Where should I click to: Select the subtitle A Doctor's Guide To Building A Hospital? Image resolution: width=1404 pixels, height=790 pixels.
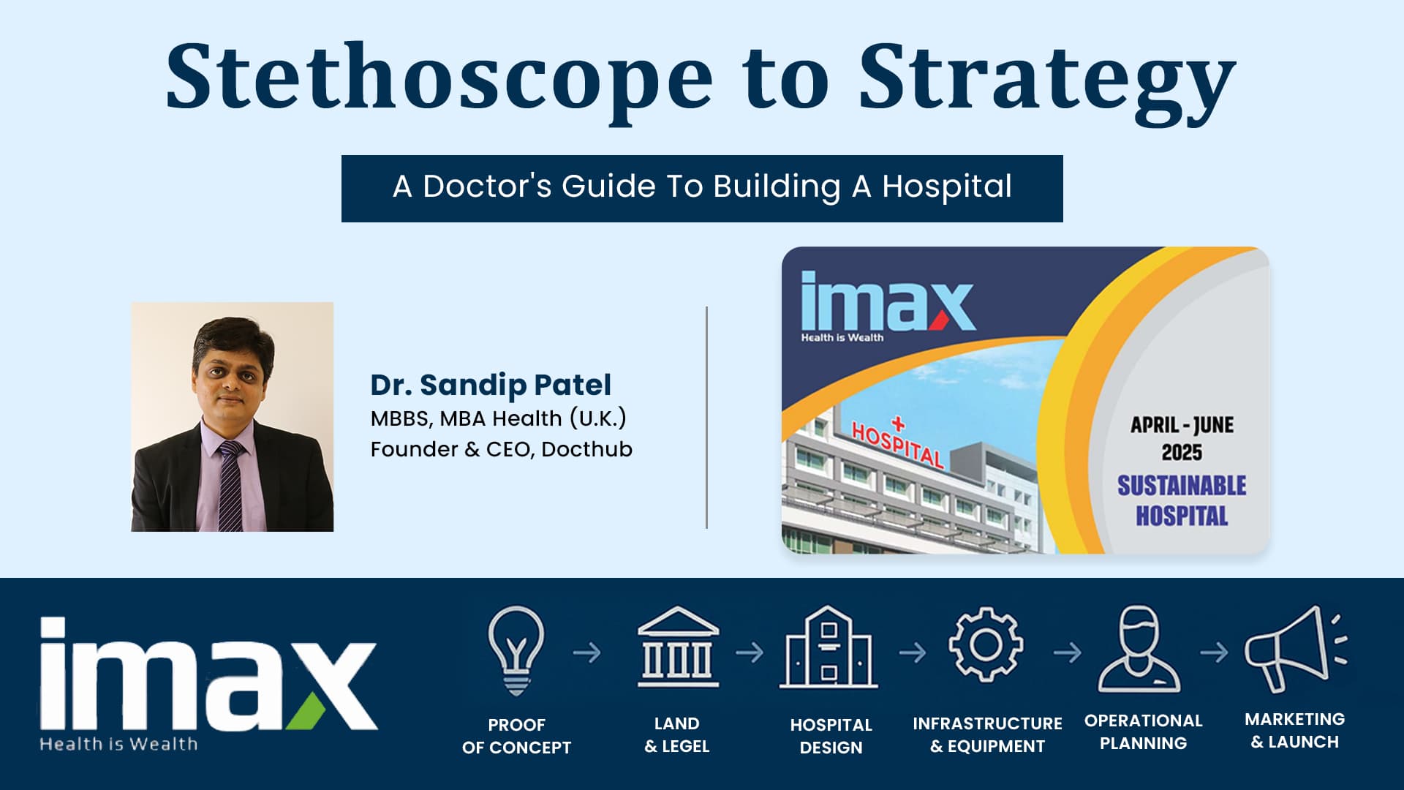[x=702, y=187]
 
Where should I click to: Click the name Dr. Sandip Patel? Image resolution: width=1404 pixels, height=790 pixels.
[x=491, y=385]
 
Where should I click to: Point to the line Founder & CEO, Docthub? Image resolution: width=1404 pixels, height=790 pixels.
[x=501, y=449]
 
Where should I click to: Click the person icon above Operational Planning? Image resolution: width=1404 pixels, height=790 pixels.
[x=1139, y=648]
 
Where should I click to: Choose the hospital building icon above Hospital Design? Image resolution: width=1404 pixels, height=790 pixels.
[x=829, y=647]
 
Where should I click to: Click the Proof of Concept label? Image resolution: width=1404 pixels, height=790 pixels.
[x=516, y=736]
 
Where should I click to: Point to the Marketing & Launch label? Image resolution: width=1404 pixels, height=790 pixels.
[x=1294, y=731]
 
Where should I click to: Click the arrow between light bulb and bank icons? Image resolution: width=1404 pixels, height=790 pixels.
[x=587, y=652]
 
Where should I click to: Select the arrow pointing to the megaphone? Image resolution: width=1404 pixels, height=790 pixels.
[x=1214, y=652]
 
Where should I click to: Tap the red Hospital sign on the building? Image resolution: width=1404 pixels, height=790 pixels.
[x=897, y=443]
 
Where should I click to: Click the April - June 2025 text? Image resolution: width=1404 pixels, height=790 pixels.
[x=1182, y=438]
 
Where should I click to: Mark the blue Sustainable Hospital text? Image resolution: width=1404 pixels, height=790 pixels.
[x=1182, y=500]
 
